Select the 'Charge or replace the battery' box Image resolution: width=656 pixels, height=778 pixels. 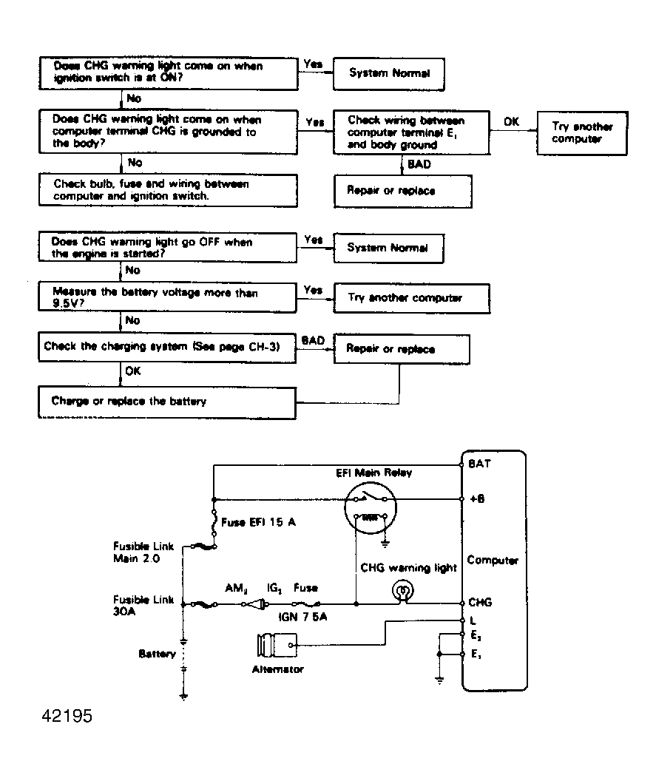click(x=167, y=402)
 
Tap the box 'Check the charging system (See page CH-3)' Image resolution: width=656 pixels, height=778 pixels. click(x=167, y=347)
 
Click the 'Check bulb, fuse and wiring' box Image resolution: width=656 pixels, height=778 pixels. click(x=167, y=190)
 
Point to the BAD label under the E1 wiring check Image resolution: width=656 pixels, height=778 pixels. click(x=419, y=164)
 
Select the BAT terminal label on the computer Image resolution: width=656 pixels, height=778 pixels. click(x=479, y=464)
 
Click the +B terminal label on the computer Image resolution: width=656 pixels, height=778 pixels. click(x=476, y=499)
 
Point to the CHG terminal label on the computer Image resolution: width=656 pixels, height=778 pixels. click(x=479, y=603)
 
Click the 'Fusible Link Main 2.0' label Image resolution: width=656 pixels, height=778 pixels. click(x=143, y=552)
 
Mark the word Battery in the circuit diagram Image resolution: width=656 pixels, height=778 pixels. click(x=157, y=654)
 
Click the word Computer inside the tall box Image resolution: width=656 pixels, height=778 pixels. click(x=493, y=561)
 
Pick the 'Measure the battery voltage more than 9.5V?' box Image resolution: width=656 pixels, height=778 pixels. click(x=167, y=298)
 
